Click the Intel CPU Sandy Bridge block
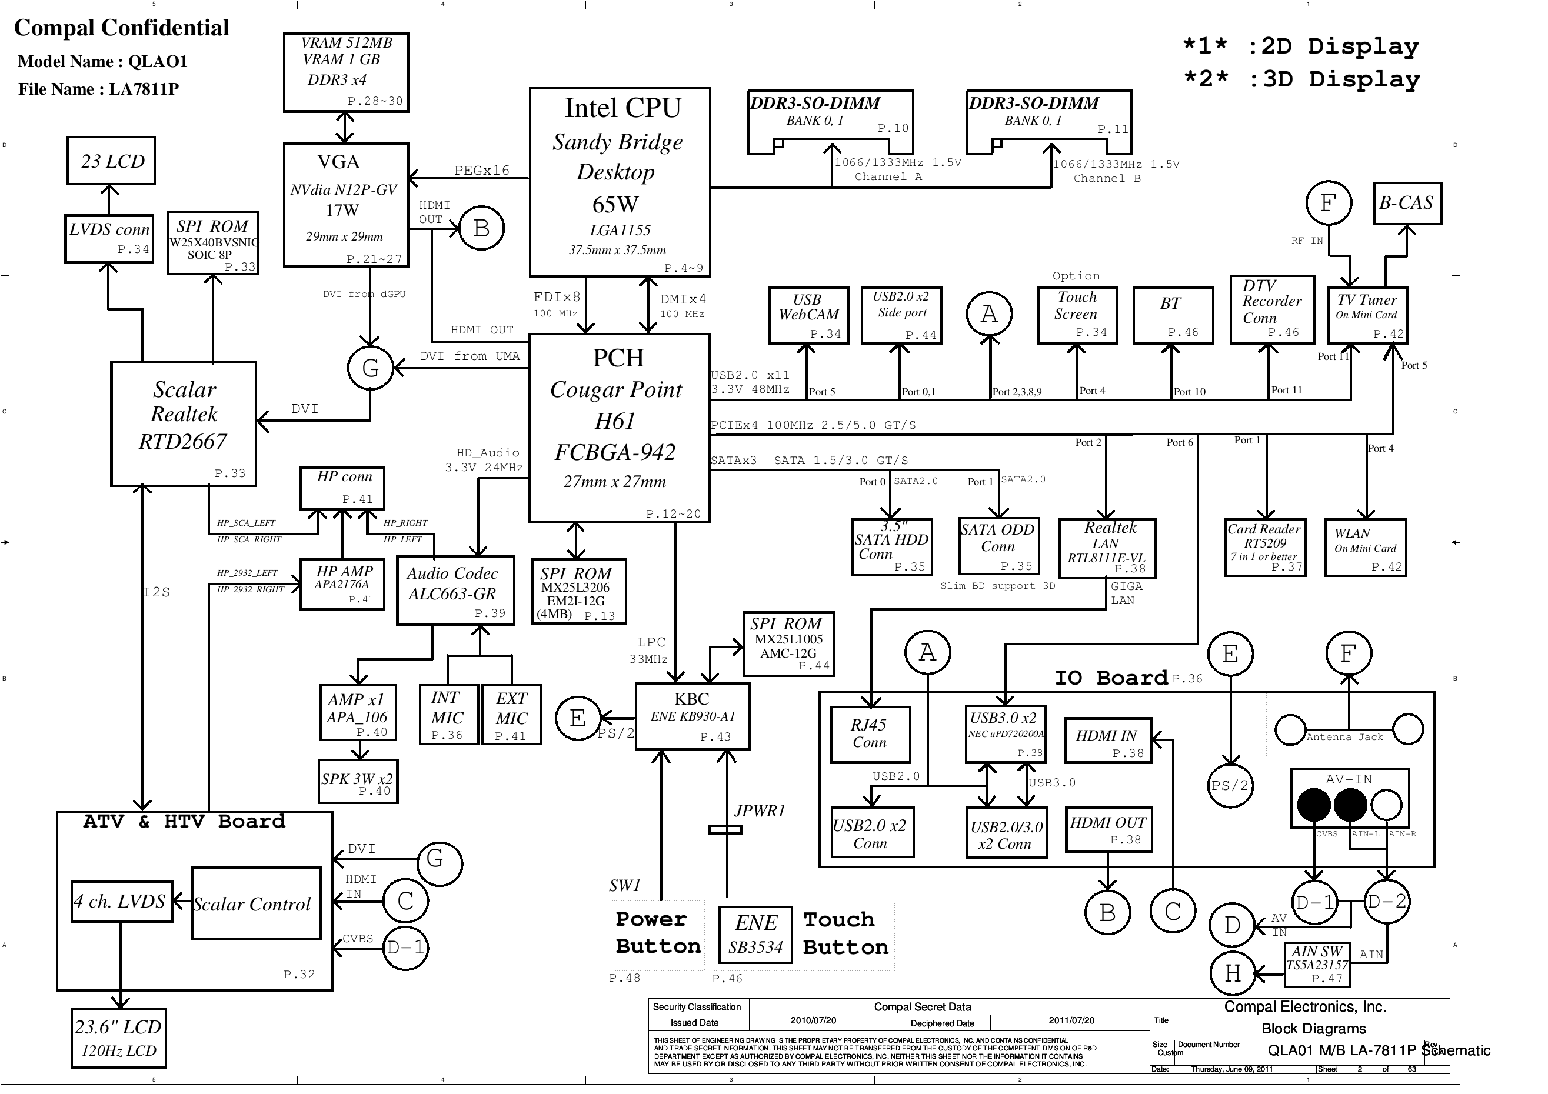(x=620, y=182)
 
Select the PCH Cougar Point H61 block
(x=619, y=428)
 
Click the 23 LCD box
(x=111, y=161)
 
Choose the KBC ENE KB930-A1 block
(x=693, y=716)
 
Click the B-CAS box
(x=1407, y=203)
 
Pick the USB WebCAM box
(x=807, y=315)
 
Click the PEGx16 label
(x=481, y=171)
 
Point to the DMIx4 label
(x=683, y=299)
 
